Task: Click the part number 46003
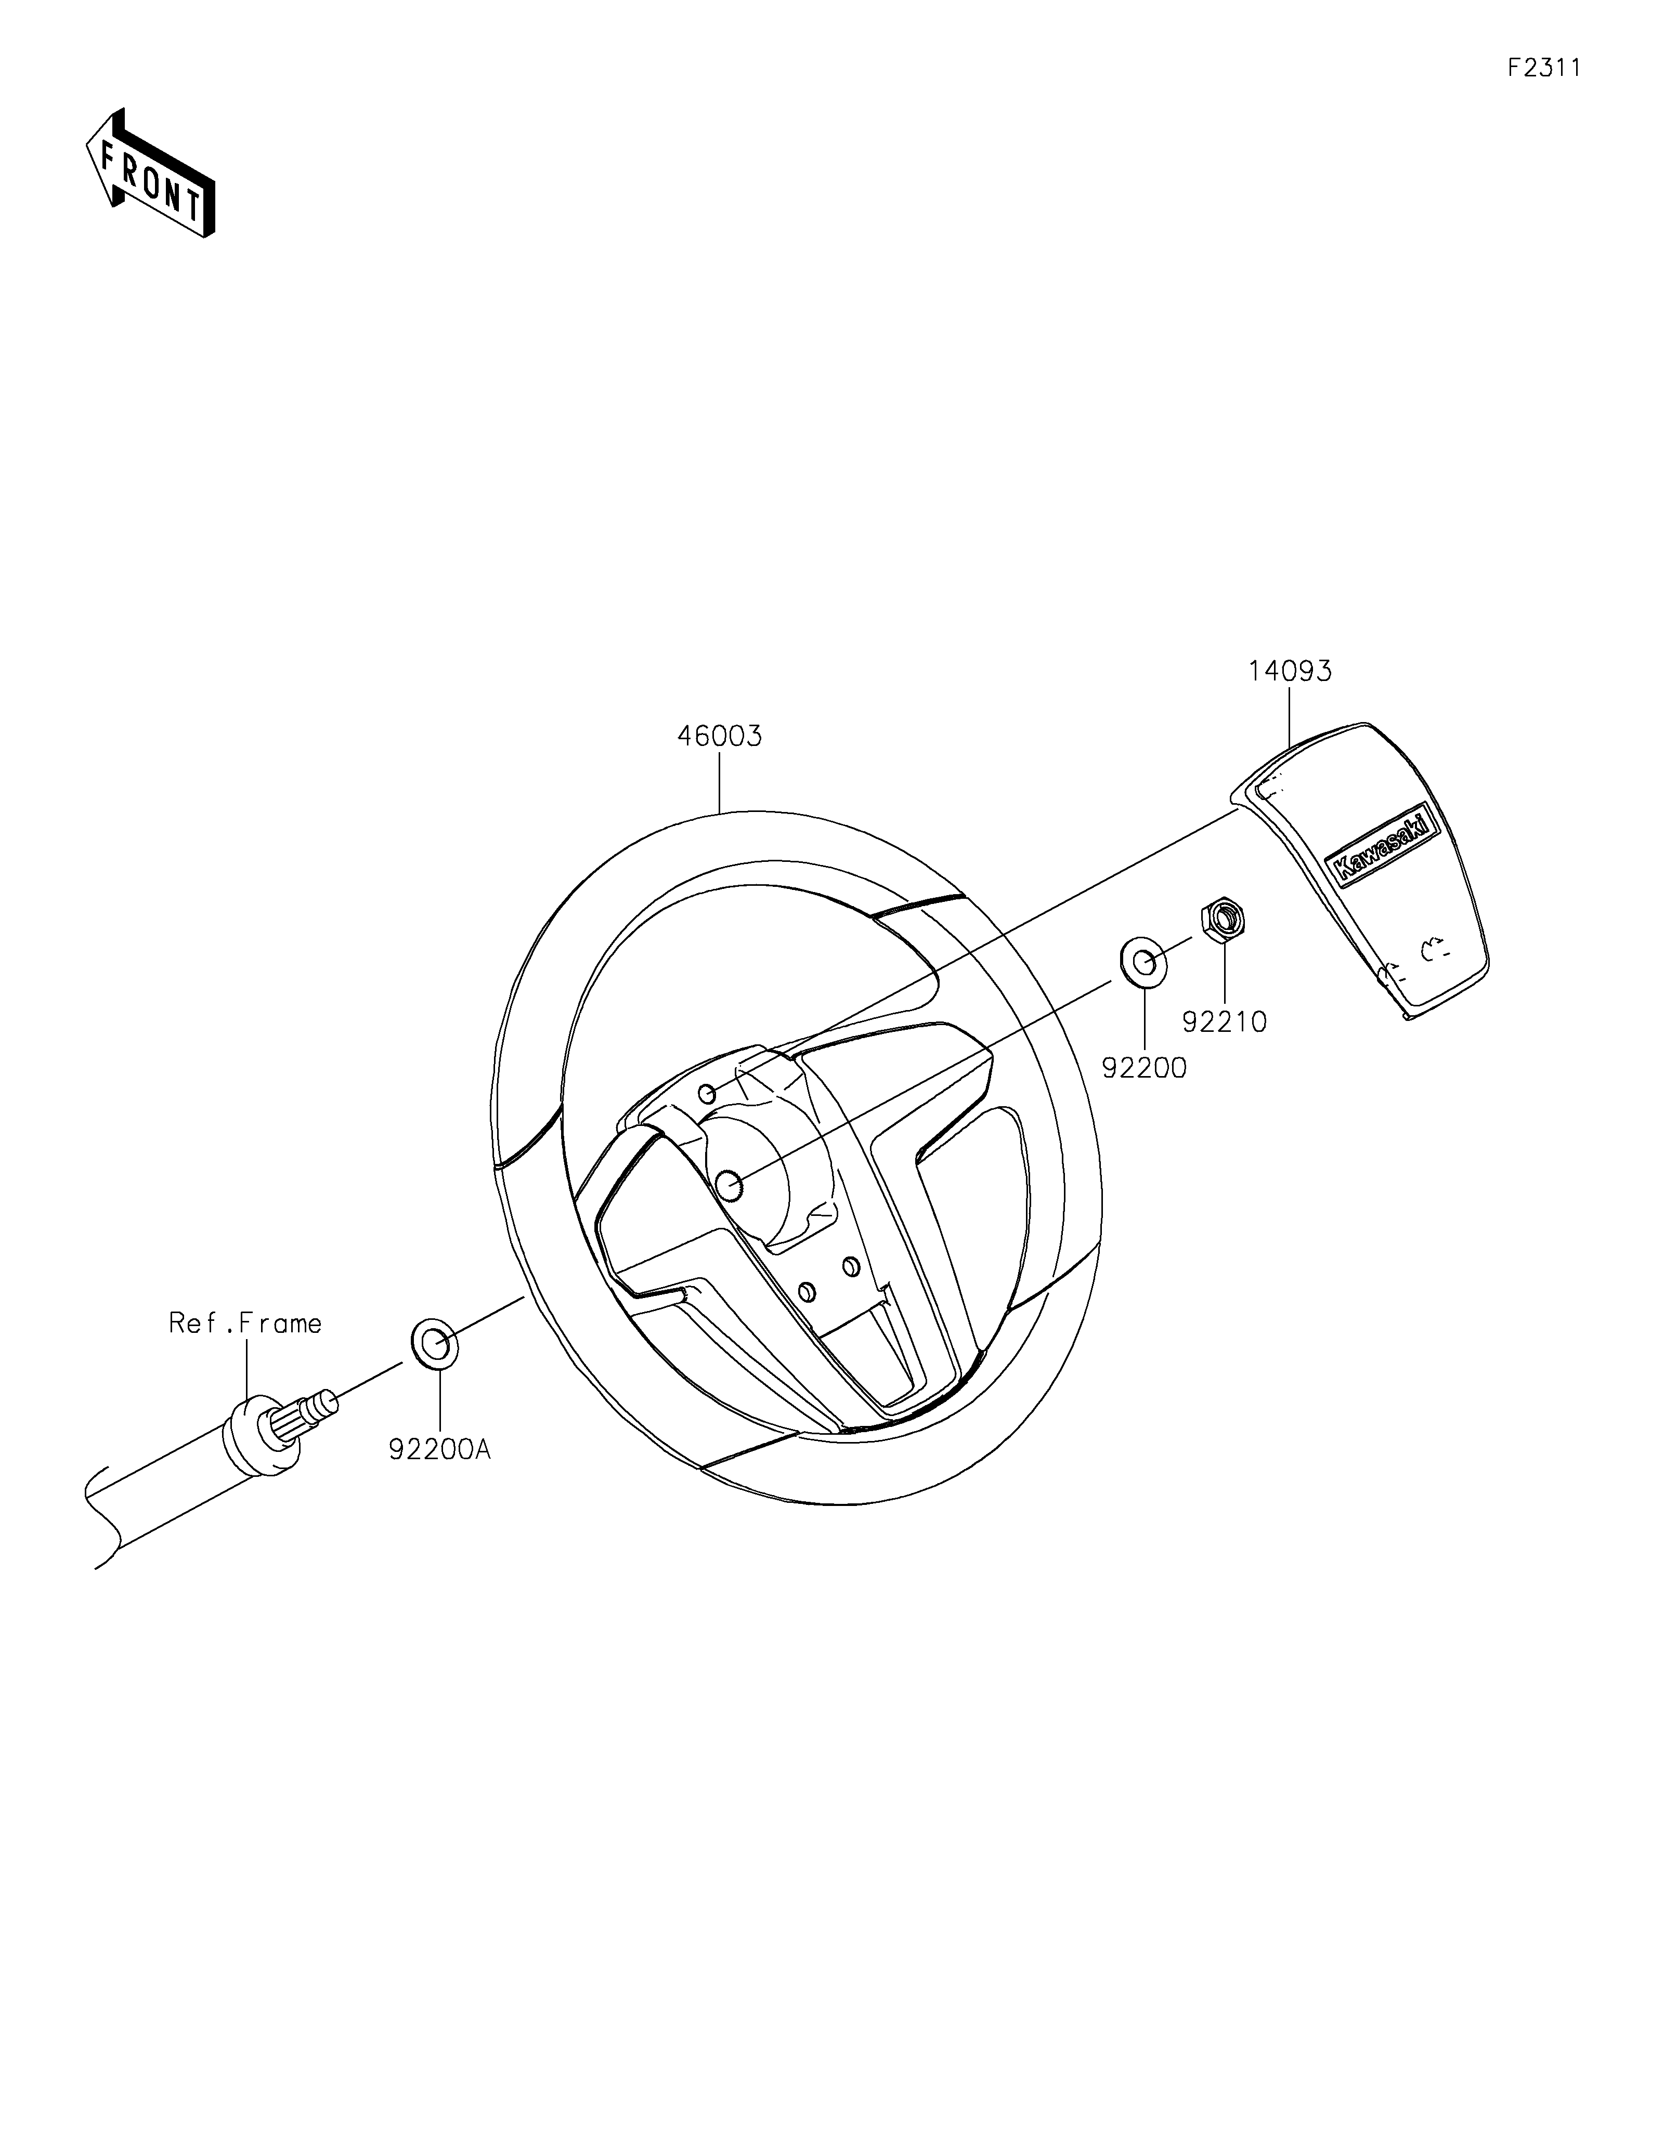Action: coord(719,736)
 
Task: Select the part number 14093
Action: coord(1290,671)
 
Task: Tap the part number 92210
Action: coord(1224,1023)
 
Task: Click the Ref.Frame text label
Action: coord(245,1324)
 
